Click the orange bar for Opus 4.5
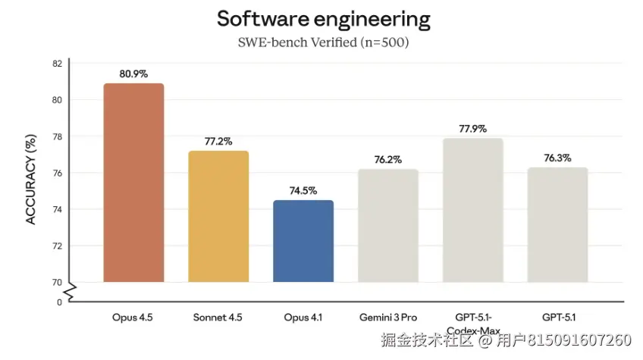pos(133,183)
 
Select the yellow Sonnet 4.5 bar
pos(218,217)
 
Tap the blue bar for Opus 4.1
pos(303,241)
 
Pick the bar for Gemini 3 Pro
pos(387,225)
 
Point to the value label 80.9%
pos(133,74)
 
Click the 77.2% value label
pos(218,142)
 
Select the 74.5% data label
pos(303,191)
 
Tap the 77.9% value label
pos(472,129)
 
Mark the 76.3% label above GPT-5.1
pos(557,159)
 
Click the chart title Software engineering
pos(324,19)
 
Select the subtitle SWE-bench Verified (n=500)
pos(324,42)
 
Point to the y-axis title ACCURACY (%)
pos(31,179)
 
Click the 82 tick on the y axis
pos(57,64)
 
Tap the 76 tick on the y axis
pos(57,174)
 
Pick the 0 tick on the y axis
pos(59,302)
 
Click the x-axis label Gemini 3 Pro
pos(387,318)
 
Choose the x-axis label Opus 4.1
pos(303,318)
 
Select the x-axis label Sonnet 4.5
pos(218,318)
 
